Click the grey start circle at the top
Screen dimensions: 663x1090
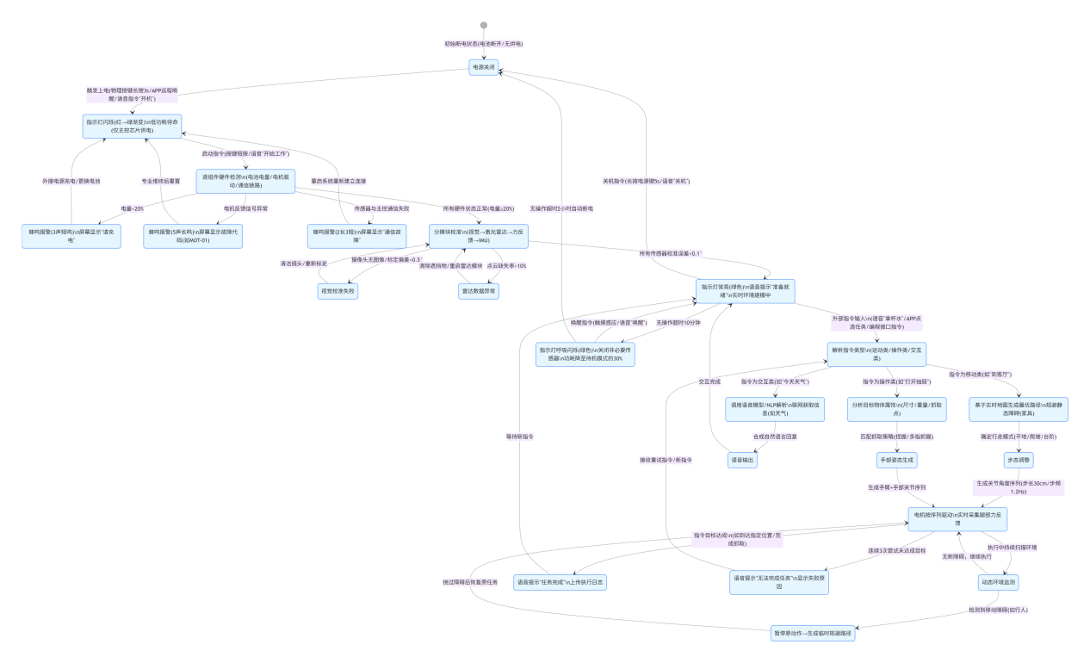point(484,25)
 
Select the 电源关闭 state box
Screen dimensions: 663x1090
point(484,67)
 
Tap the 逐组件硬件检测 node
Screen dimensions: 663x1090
point(246,181)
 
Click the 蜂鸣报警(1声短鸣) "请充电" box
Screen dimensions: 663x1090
point(71,236)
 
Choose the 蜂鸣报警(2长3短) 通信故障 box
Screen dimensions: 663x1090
point(344,236)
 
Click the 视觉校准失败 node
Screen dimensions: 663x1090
point(338,291)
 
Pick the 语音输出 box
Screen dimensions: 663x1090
point(742,461)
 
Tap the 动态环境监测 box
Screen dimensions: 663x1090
point(997,583)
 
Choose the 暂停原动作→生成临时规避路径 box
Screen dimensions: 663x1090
point(815,635)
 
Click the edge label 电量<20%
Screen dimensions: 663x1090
point(132,208)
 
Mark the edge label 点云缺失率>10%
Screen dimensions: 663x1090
point(506,265)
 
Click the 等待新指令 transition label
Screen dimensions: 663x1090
point(520,437)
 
